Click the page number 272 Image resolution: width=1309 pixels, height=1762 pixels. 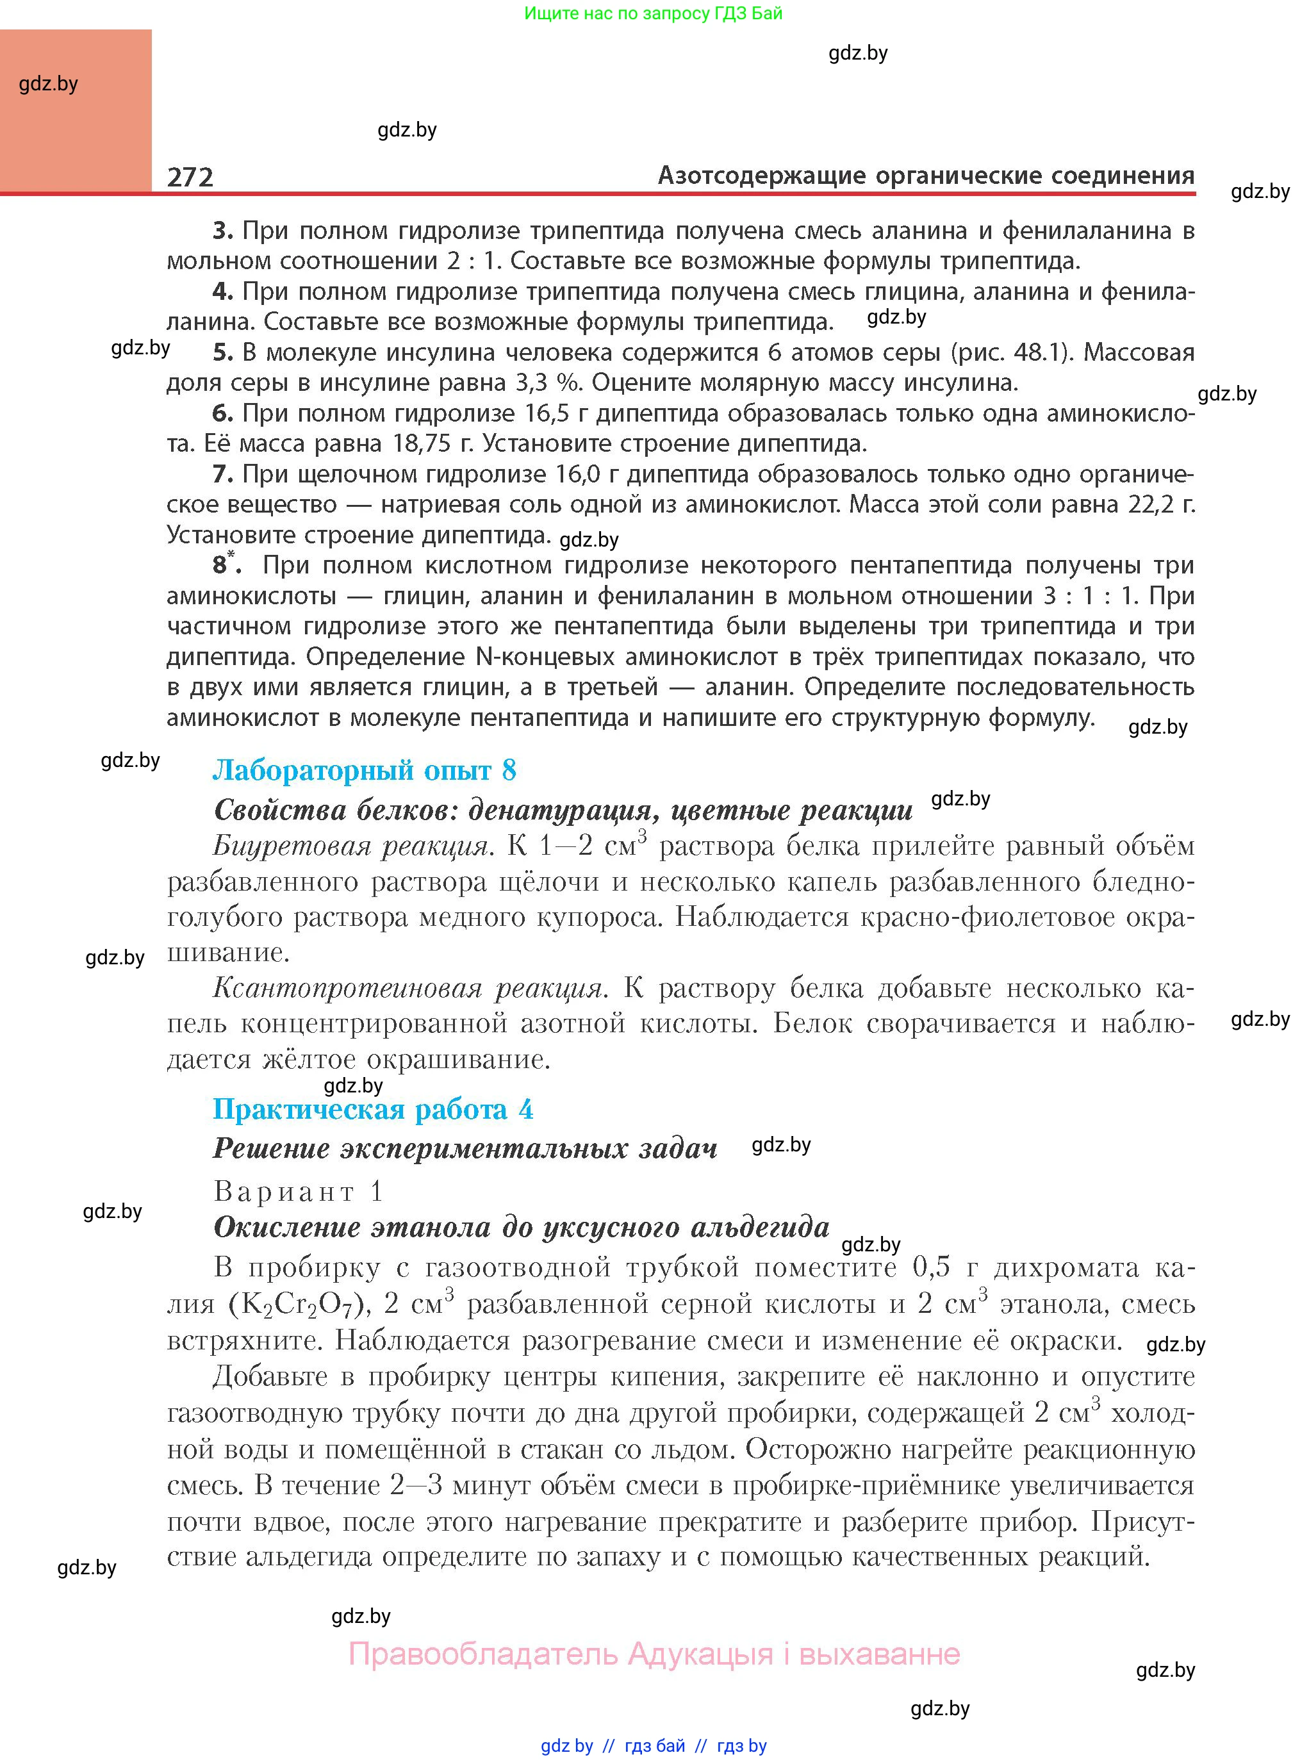coord(190,176)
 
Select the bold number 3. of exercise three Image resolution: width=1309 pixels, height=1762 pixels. coord(223,231)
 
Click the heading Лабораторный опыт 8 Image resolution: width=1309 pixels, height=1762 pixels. coord(365,770)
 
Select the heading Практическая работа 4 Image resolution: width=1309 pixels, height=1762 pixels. coord(372,1109)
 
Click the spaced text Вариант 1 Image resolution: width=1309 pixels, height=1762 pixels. coord(299,1190)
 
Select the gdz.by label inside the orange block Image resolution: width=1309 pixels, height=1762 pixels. coord(48,83)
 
